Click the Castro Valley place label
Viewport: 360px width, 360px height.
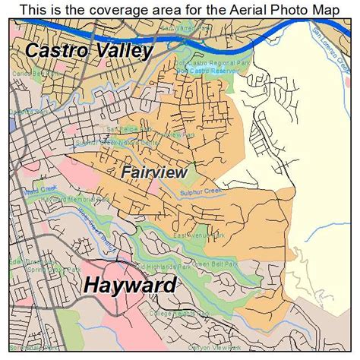(x=89, y=52)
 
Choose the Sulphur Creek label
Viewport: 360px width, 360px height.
(x=201, y=191)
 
